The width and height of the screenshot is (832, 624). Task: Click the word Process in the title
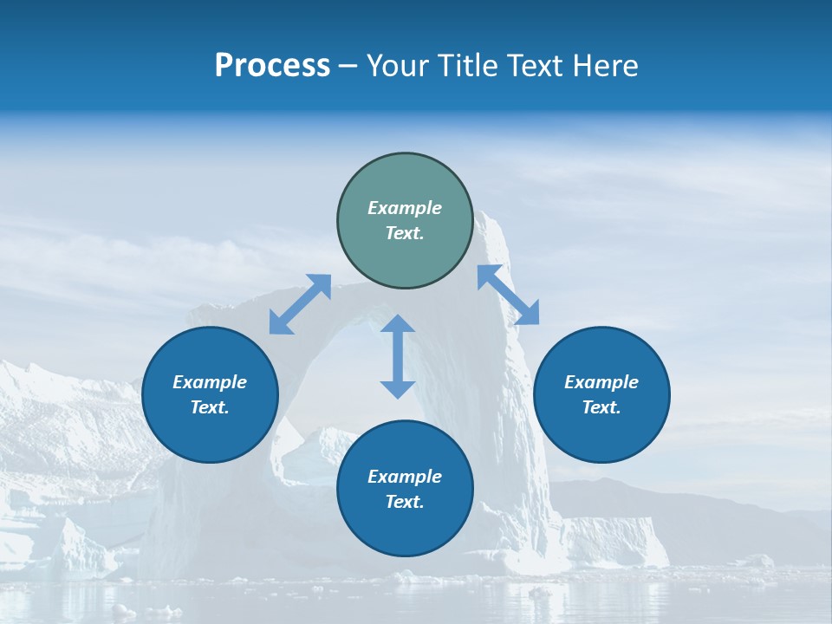click(272, 66)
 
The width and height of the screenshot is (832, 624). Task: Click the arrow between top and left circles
click(300, 304)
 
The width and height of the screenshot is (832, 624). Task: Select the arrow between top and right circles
click(508, 295)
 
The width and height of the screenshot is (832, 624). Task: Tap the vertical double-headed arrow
click(398, 356)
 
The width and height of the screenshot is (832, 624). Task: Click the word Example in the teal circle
click(405, 208)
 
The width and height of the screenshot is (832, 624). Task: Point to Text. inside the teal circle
click(405, 233)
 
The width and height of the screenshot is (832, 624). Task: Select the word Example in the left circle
click(210, 382)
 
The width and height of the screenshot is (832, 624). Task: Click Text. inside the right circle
click(601, 407)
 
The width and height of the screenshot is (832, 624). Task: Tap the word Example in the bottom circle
click(405, 477)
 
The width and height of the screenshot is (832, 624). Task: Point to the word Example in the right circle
click(601, 382)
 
